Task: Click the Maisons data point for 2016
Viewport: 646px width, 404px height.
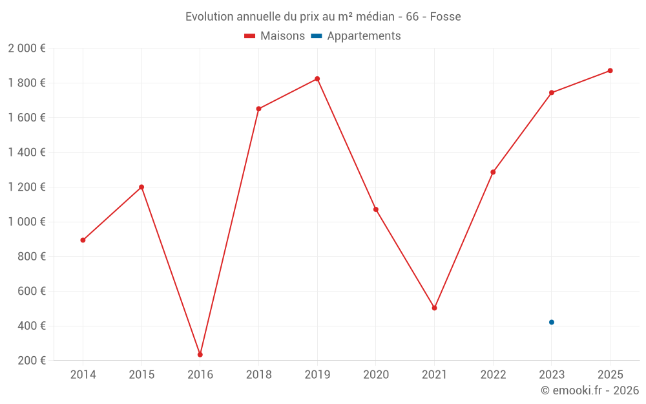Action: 200,355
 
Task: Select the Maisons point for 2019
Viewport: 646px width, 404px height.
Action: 317,79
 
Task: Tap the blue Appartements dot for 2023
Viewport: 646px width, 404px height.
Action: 552,322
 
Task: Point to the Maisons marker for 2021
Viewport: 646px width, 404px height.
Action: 434,308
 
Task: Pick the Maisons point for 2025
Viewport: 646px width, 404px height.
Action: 610,70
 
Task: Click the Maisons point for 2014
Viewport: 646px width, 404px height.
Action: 83,240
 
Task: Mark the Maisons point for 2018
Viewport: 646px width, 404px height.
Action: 258,109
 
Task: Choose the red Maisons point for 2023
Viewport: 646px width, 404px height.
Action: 552,92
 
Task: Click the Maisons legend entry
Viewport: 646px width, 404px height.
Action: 275,36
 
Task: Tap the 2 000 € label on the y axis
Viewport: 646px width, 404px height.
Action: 26,48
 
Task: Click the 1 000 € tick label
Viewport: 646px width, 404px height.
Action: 26,222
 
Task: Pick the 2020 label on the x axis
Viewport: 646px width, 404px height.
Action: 376,375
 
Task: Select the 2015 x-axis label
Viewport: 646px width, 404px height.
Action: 141,375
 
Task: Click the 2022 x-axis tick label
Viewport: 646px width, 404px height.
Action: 493,375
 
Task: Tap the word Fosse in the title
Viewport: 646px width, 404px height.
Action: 445,17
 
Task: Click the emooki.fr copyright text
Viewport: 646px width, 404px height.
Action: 590,390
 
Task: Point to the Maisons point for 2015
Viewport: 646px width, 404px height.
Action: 141,187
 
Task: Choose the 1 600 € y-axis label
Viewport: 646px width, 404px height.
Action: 26,118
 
